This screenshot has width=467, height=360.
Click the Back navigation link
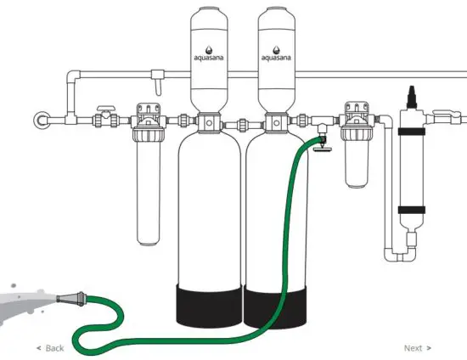(50, 348)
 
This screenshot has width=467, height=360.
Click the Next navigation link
(417, 348)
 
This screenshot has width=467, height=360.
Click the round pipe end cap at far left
(40, 120)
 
